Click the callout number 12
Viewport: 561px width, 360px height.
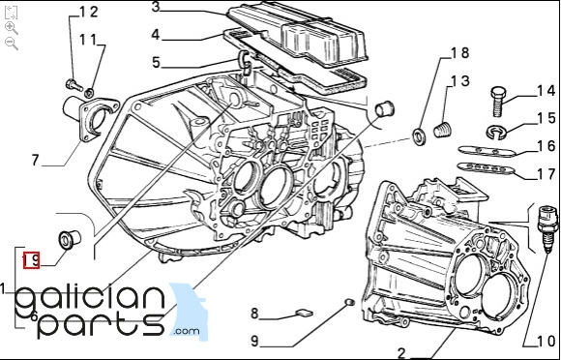(88, 13)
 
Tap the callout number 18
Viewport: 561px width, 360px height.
(459, 53)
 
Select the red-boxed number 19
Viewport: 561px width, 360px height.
(32, 260)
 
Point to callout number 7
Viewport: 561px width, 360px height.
(35, 160)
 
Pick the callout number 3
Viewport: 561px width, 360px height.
(156, 7)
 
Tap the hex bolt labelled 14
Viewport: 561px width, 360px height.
(498, 102)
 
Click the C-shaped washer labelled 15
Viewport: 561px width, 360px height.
(496, 133)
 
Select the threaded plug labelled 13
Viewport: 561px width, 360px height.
(443, 129)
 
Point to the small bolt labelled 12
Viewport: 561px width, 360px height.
(74, 85)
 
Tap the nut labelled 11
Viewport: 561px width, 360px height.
(89, 93)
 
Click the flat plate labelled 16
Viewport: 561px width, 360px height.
(487, 151)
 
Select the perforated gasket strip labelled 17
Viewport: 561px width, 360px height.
(487, 168)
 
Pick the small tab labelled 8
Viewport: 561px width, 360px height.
(304, 314)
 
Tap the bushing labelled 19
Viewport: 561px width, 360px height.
(70, 239)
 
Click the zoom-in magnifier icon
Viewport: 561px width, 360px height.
(12, 27)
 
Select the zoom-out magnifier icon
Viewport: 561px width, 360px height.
(12, 44)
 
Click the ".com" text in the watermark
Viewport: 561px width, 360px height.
(187, 331)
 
